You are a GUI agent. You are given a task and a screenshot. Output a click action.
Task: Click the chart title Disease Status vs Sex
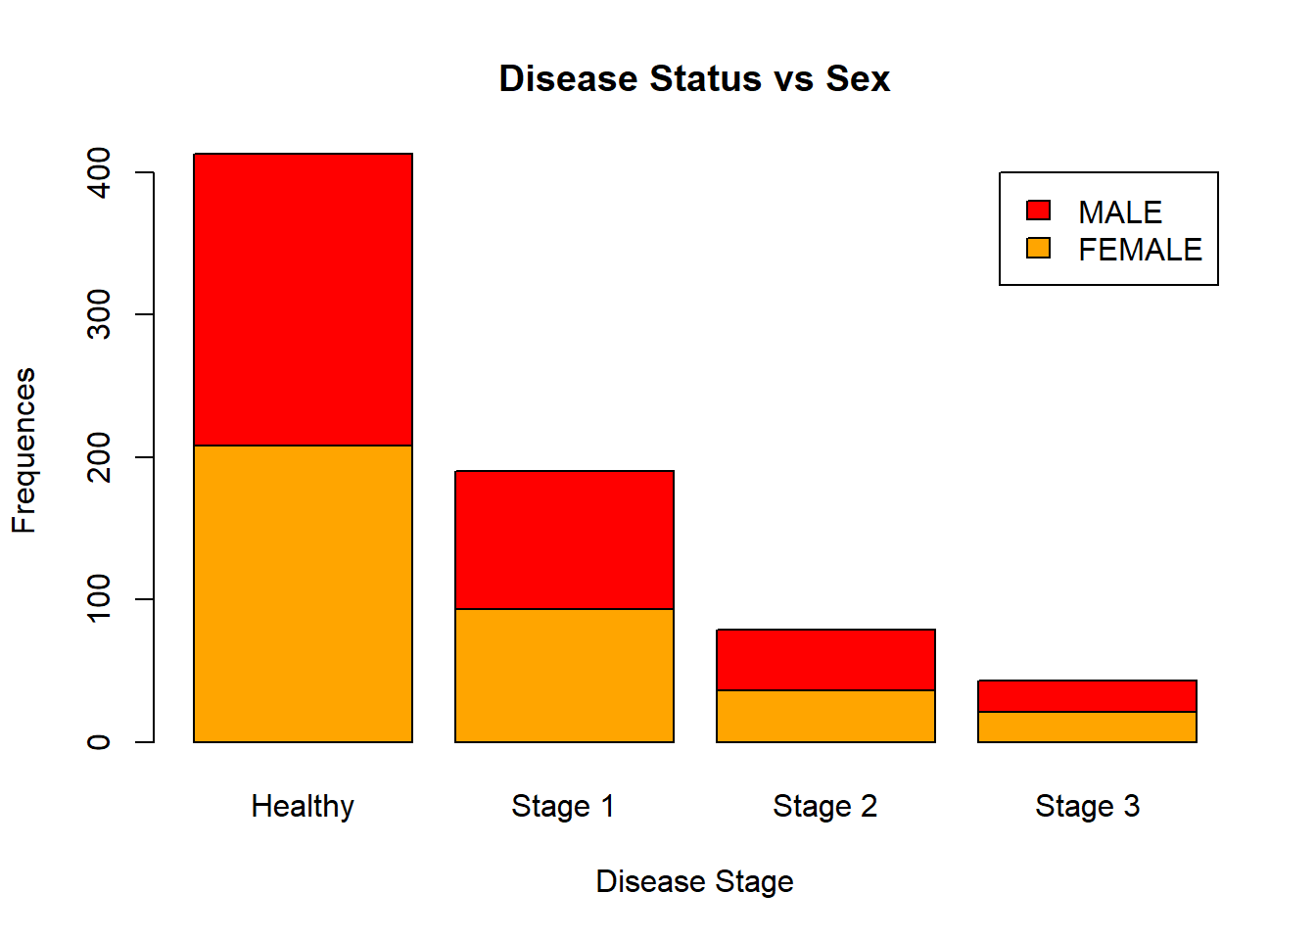694,78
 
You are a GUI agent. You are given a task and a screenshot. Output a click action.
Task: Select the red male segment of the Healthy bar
304,300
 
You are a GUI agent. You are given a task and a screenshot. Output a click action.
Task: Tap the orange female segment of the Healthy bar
304,594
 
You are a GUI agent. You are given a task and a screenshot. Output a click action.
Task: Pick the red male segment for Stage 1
565,540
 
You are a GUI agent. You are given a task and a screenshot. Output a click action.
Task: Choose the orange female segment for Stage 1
565,676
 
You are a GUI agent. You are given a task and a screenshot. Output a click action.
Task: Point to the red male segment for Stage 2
826,660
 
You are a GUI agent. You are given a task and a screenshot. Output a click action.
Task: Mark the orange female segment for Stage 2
826,716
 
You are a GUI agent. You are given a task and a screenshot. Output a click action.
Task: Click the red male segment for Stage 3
1088,696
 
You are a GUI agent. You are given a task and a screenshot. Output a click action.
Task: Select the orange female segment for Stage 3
1088,728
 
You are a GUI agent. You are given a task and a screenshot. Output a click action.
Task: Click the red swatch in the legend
1038,211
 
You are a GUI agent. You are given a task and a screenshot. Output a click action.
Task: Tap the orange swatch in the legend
1038,248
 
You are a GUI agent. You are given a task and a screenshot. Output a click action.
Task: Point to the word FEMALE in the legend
1141,250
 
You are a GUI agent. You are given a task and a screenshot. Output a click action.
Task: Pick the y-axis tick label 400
99,172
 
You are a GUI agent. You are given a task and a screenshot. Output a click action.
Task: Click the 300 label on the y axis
99,314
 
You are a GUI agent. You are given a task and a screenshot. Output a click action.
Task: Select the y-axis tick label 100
99,598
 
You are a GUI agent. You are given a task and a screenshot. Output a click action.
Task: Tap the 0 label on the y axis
99,741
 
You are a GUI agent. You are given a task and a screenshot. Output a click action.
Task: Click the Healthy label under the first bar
303,807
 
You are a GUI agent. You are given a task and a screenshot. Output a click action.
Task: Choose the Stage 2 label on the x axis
825,806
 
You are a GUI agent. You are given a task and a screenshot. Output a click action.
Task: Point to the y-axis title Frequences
23,450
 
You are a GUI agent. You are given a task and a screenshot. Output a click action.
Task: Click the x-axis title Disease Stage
694,881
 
